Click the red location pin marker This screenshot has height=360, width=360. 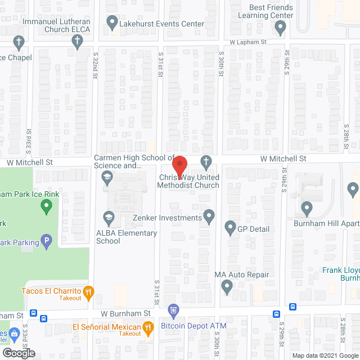pos(179,166)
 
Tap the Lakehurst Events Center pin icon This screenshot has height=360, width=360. pos(111,24)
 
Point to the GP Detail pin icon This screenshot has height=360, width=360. pos(229,228)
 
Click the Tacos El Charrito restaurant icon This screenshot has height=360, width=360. pos(88,291)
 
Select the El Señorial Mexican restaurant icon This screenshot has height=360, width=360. pos(148,327)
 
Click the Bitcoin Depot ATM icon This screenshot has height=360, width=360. pos(174,309)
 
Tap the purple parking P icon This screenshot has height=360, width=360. pos(47,242)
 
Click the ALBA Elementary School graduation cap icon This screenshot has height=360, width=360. pos(108,217)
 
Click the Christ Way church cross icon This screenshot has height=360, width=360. pos(206,163)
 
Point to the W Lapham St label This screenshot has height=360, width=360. pos(247,42)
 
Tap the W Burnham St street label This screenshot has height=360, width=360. pos(126,313)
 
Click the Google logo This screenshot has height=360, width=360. pos(18,353)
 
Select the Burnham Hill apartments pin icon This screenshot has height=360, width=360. pos(307,209)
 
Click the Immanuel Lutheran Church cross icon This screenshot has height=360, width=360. pos(78,40)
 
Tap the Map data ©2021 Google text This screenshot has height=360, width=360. pos(325,355)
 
